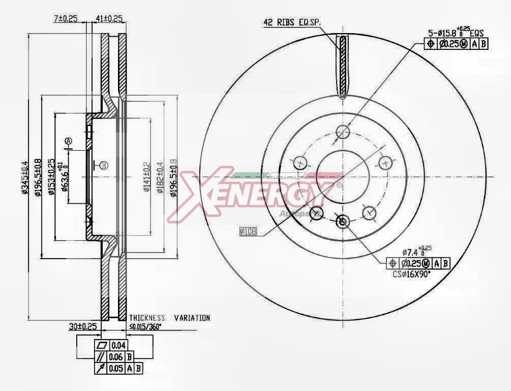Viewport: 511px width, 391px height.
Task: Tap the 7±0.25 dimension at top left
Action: pyautogui.click(x=66, y=19)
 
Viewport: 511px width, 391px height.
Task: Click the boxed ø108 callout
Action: pyautogui.click(x=249, y=231)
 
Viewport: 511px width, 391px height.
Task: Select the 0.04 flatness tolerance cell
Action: pyautogui.click(x=118, y=346)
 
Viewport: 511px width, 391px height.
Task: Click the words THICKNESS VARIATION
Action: pyautogui.click(x=169, y=318)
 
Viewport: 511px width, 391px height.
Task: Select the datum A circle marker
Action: pyautogui.click(x=69, y=141)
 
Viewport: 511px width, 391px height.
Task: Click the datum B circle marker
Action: pyautogui.click(x=104, y=165)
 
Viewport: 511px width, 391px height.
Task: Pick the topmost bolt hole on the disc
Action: pyautogui.click(x=343, y=131)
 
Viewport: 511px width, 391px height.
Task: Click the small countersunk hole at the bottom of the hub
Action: pyautogui.click(x=342, y=221)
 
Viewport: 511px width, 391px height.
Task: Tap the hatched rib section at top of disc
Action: pyautogui.click(x=343, y=66)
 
